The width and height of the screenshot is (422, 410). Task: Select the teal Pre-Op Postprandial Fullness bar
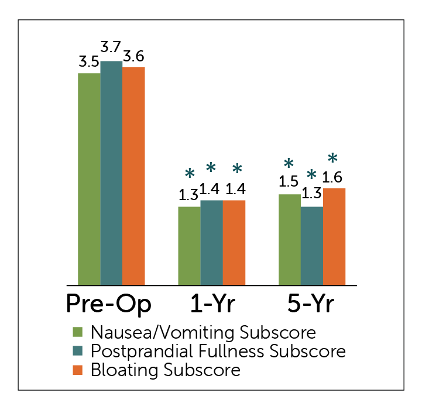coord(111,173)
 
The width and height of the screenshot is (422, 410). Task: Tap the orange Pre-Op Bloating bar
coord(133,175)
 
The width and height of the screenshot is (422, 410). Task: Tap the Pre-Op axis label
coord(108,304)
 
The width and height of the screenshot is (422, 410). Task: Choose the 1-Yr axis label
coord(211,304)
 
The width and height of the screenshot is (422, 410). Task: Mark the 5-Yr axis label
coord(312,304)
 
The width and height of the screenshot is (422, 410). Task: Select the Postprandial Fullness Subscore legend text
coord(218,352)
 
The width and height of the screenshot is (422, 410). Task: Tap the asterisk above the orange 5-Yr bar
coord(332,158)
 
